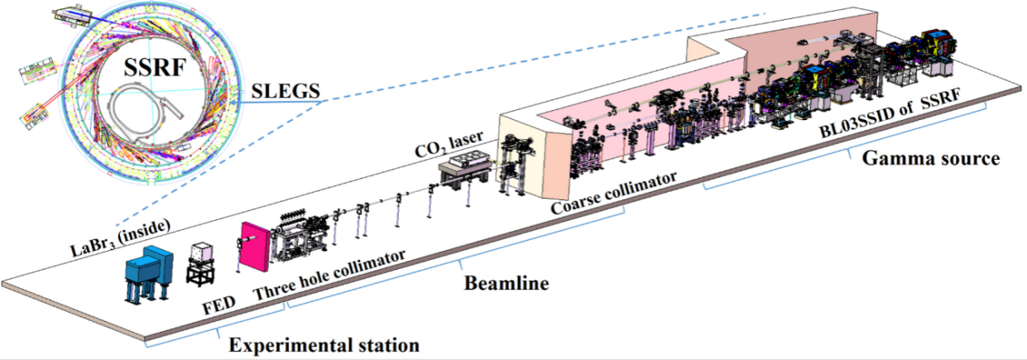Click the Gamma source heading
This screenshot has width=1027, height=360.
(x=929, y=159)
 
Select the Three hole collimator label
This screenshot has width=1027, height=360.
(x=330, y=272)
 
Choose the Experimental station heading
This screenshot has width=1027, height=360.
(x=324, y=343)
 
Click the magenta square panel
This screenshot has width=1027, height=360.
(x=256, y=247)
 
